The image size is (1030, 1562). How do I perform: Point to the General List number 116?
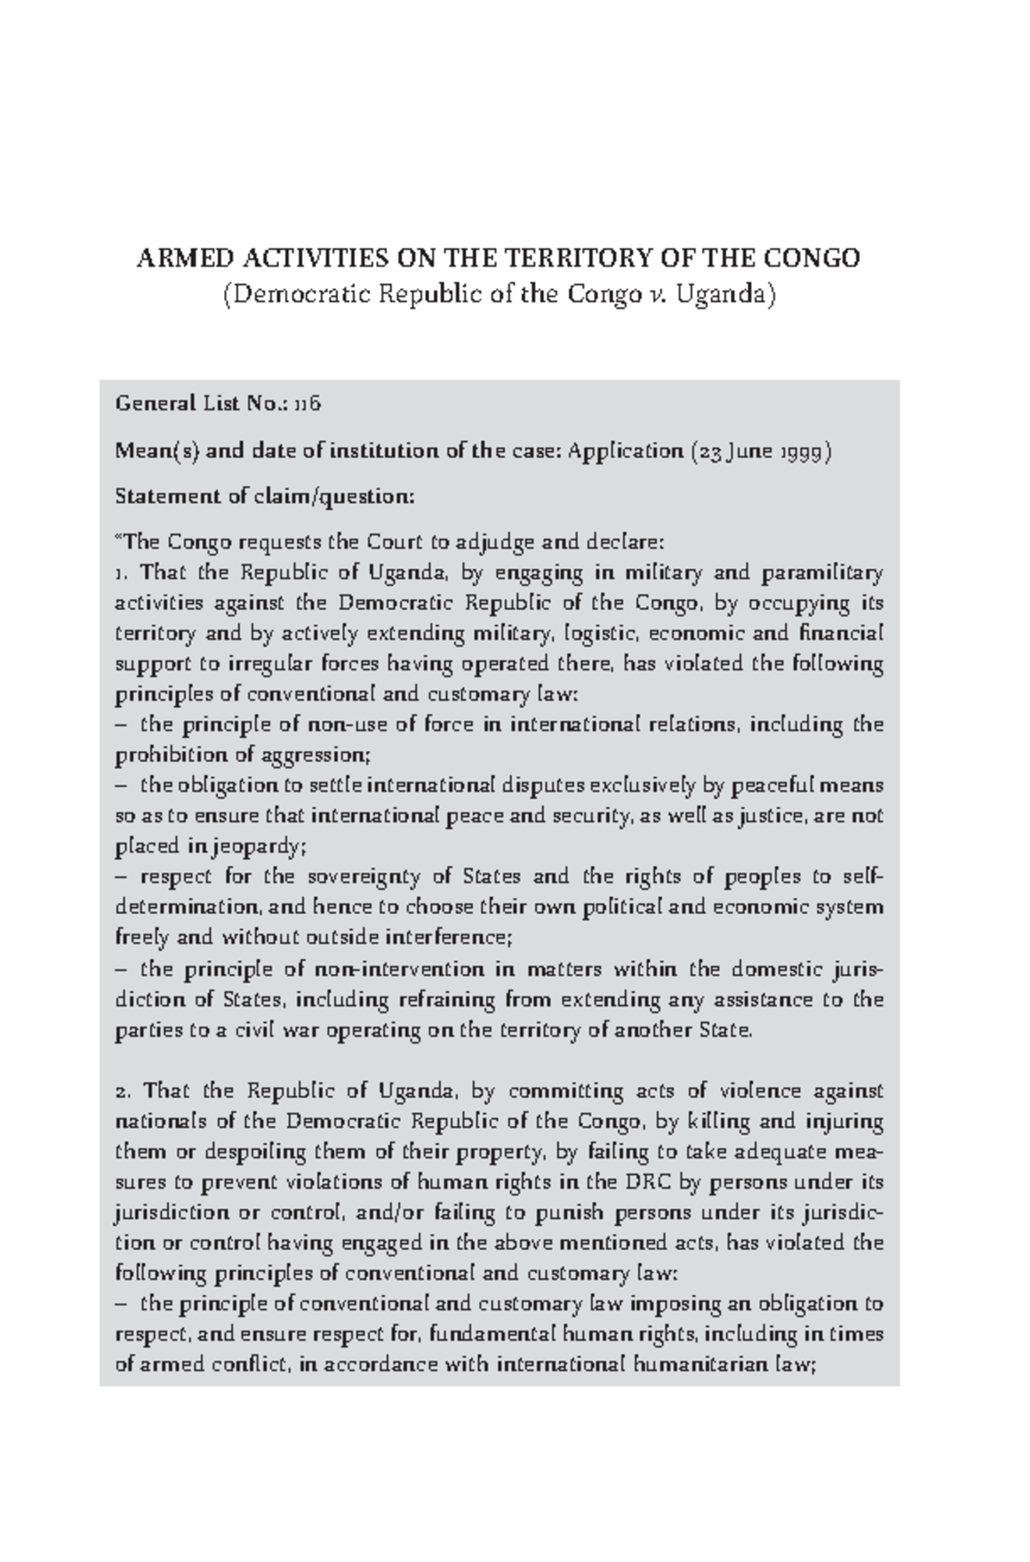coord(308,403)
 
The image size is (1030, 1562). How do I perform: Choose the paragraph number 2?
coord(121,1092)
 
